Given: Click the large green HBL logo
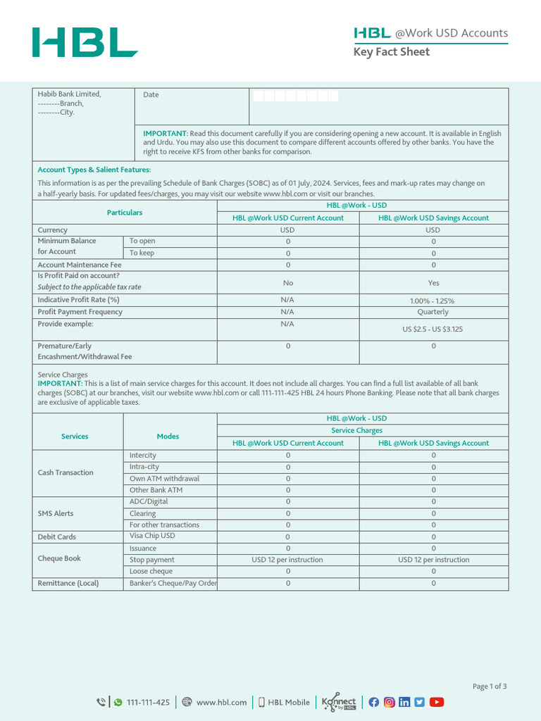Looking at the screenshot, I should (85, 42).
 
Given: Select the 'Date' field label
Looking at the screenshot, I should (151, 95).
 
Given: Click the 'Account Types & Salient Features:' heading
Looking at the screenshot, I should (94, 170).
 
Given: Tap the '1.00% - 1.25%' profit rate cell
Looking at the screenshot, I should (433, 301).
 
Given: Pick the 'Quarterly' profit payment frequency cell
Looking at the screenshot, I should (433, 312).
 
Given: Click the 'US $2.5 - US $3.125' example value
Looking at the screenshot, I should (433, 329).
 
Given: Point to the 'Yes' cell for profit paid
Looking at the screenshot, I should (433, 282).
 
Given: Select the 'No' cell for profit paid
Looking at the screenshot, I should (287, 282).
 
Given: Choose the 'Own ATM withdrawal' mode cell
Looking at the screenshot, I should (164, 479).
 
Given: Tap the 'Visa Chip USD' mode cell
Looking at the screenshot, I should (152, 536).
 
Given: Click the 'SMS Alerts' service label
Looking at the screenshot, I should (56, 513).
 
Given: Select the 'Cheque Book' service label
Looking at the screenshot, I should (59, 558).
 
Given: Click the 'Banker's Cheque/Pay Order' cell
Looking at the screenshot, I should (173, 583).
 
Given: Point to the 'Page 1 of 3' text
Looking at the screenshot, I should (489, 686).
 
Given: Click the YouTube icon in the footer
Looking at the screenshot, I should (437, 702).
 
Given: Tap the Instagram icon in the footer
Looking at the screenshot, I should (389, 702).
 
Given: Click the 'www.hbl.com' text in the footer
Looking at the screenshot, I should (221, 702).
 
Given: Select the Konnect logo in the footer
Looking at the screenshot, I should (339, 702).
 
